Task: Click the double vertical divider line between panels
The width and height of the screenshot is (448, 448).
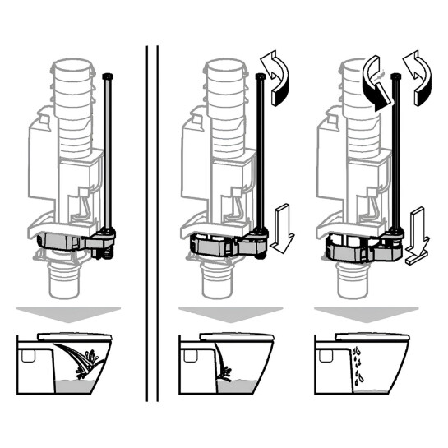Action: pos(151,222)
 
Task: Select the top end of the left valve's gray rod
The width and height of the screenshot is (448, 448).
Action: pos(110,76)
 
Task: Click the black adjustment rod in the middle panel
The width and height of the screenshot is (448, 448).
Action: pos(262,156)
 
